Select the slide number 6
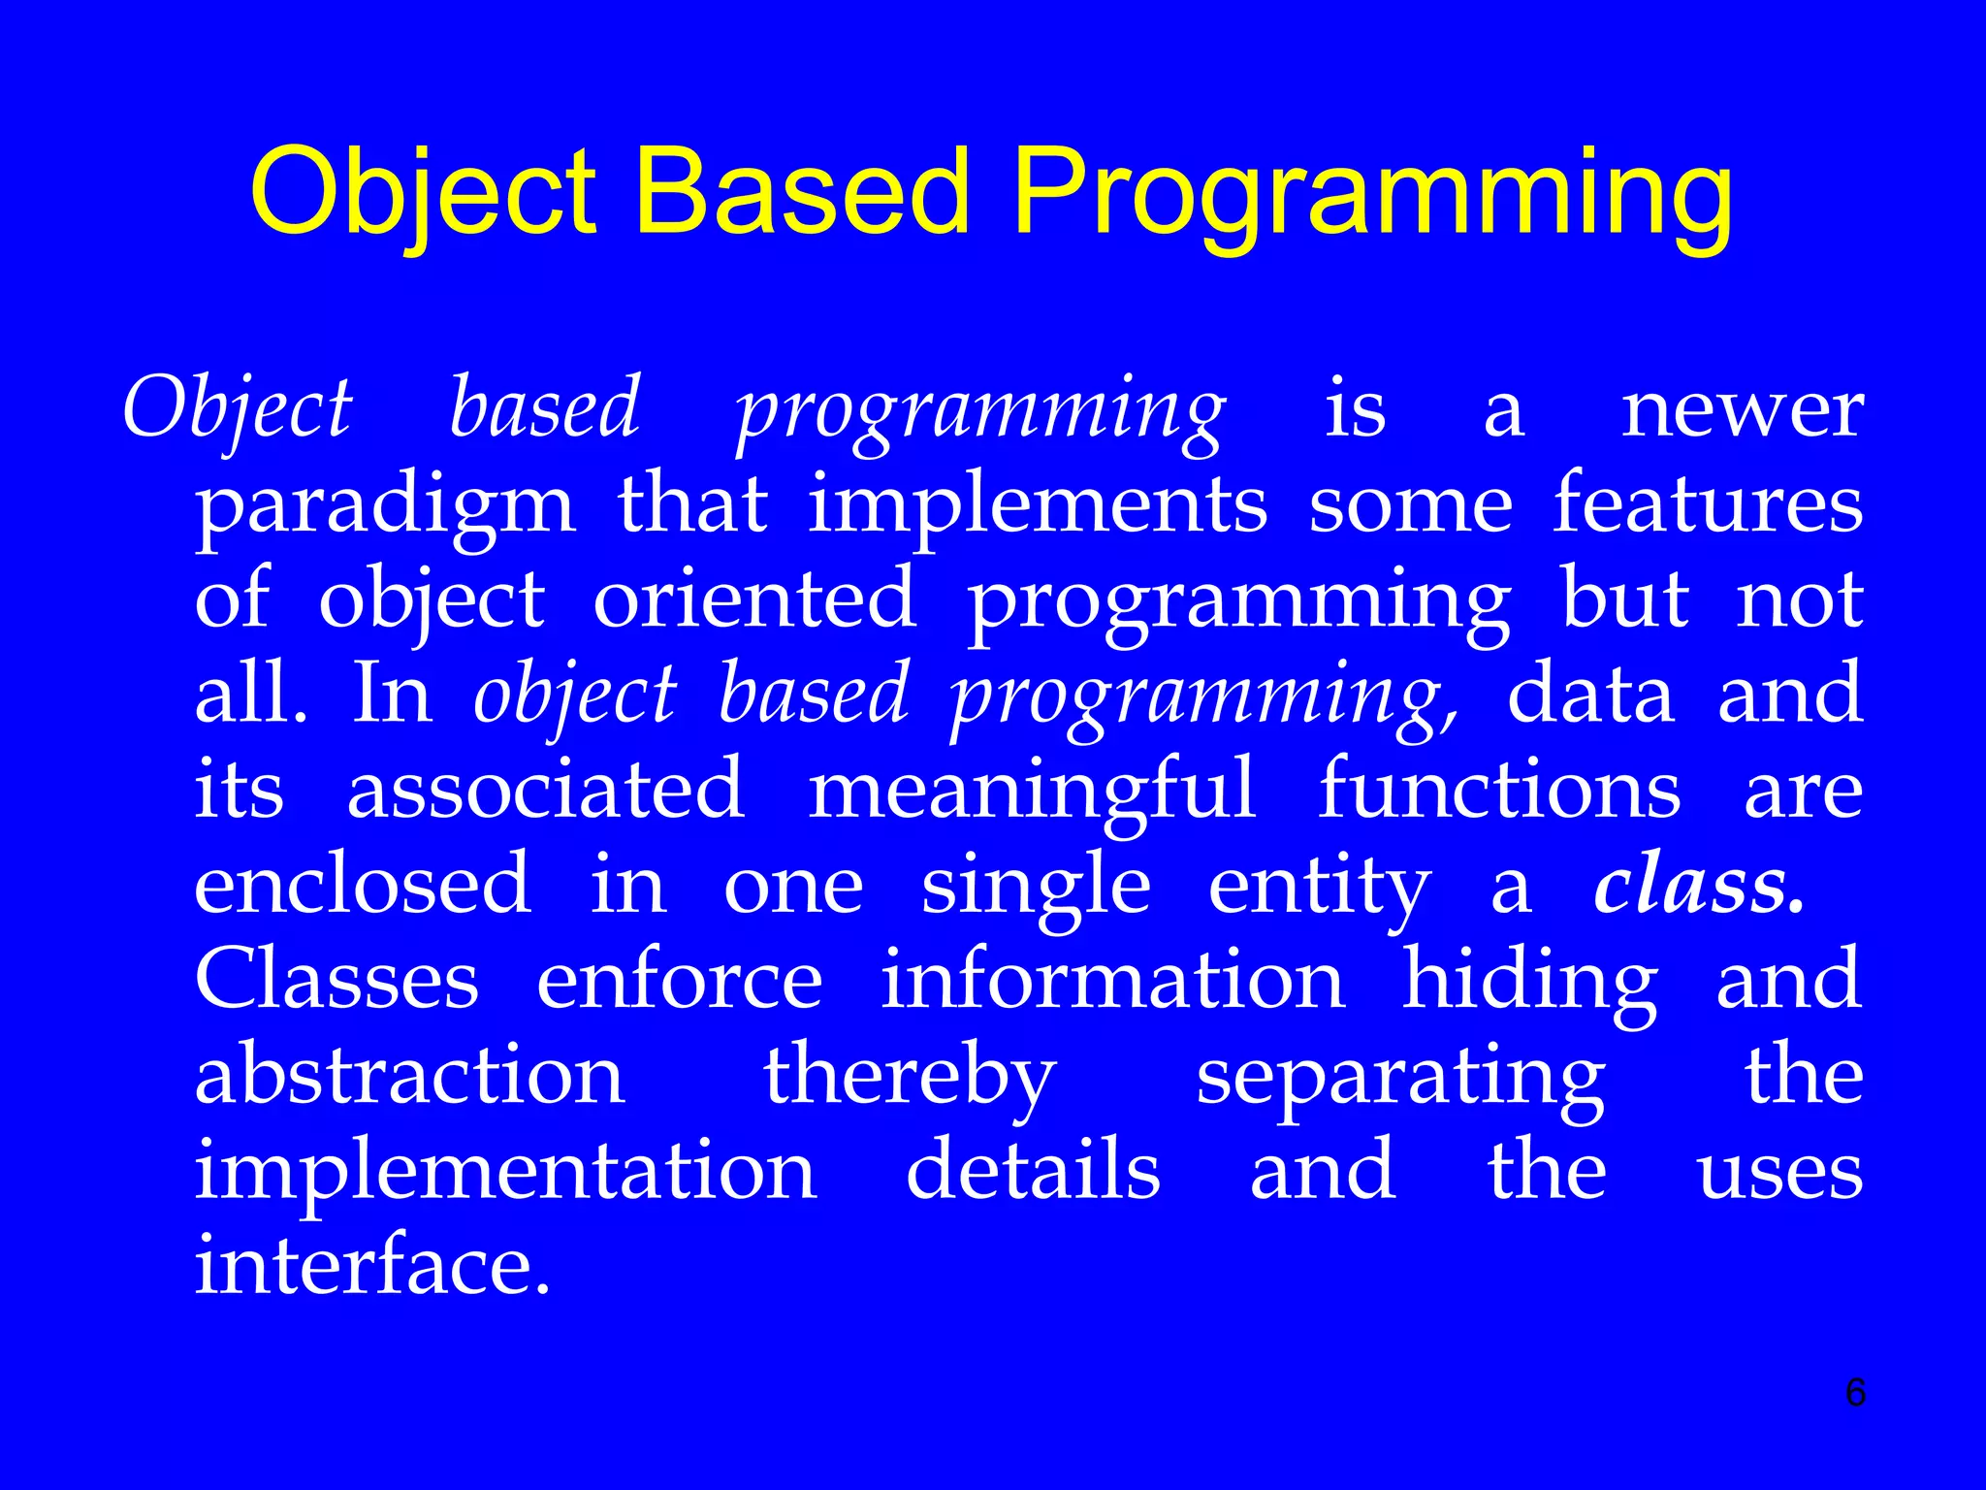pyautogui.click(x=1855, y=1392)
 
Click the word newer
pyautogui.click(x=1742, y=410)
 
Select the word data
pyautogui.click(x=1590, y=694)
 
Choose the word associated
pyautogui.click(x=546, y=789)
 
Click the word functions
pyautogui.click(x=1499, y=789)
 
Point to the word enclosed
pyautogui.click(x=363, y=884)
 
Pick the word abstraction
pyautogui.click(x=410, y=1075)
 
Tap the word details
pyautogui.click(x=1033, y=1170)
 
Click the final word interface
pyautogui.click(x=372, y=1265)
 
